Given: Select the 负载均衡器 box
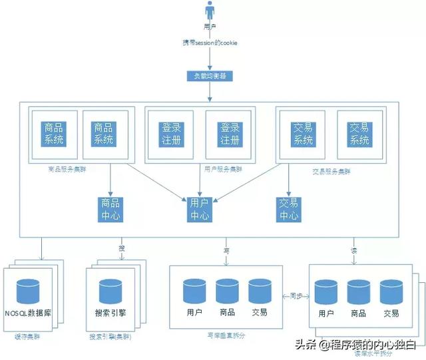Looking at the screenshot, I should (211, 76).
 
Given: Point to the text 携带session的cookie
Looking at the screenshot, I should (211, 43).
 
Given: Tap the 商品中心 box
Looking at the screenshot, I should (110, 209).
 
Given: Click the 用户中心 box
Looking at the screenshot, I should (200, 209).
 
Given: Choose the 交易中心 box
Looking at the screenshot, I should (289, 209).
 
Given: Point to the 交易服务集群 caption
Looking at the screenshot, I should (332, 170).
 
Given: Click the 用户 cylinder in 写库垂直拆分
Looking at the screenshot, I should (195, 291).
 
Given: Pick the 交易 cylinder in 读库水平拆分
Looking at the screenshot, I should (391, 293).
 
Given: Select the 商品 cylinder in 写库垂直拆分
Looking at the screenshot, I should (227, 291).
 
